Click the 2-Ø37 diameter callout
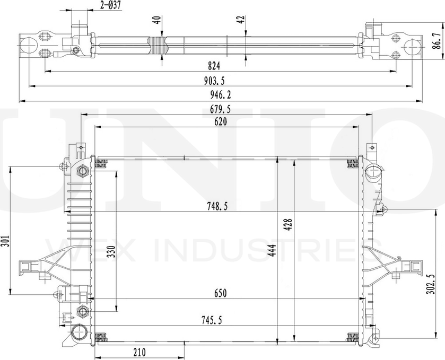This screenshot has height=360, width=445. pyautogui.click(x=110, y=6)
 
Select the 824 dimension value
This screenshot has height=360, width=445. pyautogui.click(x=213, y=66)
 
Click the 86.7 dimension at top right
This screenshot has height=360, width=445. pyautogui.click(x=437, y=40)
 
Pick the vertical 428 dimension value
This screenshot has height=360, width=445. pyautogui.click(x=287, y=227)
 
